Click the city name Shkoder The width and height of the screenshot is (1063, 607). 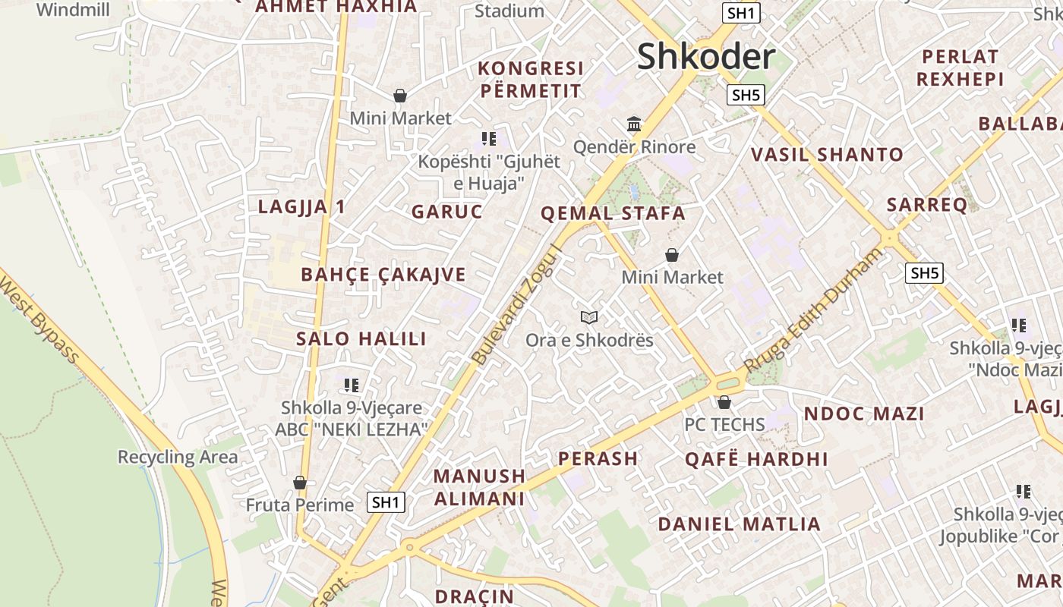706,57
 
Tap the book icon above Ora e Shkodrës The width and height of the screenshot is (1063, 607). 589,317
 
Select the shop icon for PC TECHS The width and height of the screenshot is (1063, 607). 724,402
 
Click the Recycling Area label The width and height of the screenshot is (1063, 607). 178,457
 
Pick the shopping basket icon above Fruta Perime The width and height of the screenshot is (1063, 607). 300,483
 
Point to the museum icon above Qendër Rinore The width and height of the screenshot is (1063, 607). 634,124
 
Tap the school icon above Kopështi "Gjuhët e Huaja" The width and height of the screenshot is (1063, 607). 489,138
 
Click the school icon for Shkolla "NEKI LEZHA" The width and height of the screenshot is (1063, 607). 351,385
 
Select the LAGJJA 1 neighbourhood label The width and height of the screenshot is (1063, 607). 302,206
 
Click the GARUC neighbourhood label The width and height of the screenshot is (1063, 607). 447,212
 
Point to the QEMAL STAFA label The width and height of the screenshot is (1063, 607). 613,213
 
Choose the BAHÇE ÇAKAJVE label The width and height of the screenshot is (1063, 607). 383,275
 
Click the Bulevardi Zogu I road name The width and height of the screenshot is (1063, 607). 516,303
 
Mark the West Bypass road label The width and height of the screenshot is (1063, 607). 39,318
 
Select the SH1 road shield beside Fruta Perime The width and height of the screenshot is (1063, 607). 386,502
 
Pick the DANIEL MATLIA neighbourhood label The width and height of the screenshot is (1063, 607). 739,524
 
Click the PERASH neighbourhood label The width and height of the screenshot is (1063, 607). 598,458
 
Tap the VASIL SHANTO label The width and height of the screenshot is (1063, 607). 827,155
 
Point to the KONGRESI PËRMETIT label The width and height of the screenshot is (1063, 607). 531,80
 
